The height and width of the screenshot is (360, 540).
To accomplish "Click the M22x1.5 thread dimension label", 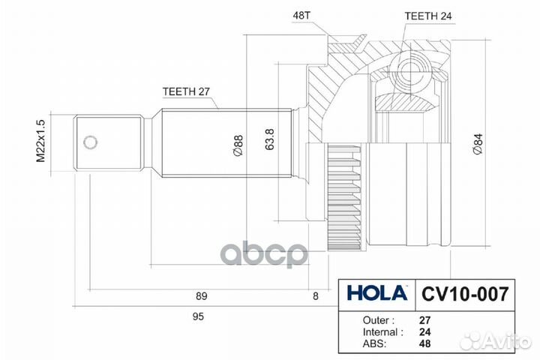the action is click(x=40, y=141).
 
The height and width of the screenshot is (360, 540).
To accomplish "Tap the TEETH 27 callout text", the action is click(x=186, y=91).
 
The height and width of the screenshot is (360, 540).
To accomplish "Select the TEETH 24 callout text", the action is click(x=428, y=16).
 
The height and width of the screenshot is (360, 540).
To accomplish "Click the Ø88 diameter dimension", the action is click(x=238, y=145).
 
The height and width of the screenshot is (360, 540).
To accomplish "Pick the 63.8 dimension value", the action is click(x=270, y=139).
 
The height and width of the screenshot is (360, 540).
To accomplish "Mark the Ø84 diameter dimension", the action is click(x=478, y=144).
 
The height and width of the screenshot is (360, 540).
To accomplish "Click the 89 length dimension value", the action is click(x=202, y=296).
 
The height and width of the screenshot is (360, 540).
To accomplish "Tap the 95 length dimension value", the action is click(x=198, y=316).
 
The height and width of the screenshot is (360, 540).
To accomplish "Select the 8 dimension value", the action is click(x=316, y=296).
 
